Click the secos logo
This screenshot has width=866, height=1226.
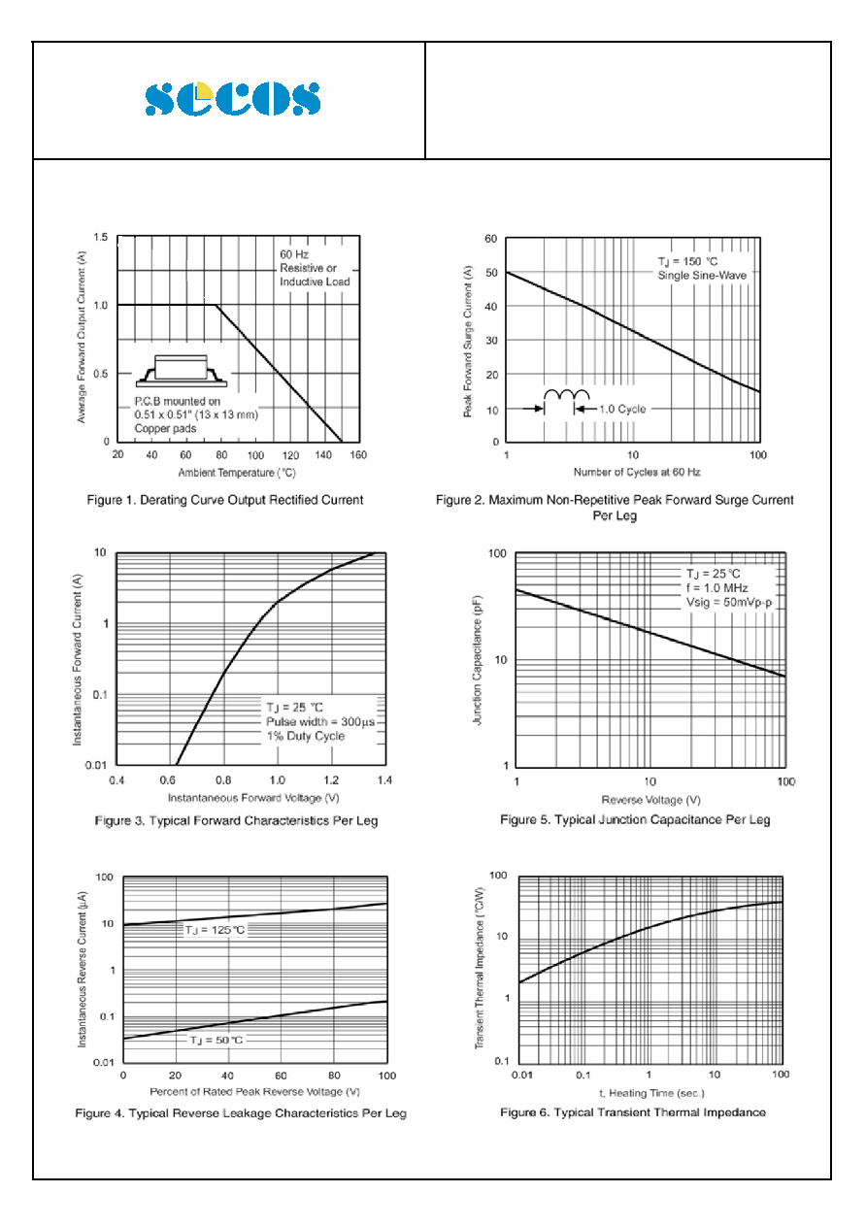[233, 98]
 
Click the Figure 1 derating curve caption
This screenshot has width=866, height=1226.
[225, 500]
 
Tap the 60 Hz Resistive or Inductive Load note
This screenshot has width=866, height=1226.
[315, 268]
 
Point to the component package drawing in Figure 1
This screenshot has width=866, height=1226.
[182, 371]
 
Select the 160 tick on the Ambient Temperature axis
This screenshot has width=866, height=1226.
[358, 455]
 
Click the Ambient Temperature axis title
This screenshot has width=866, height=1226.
[237, 473]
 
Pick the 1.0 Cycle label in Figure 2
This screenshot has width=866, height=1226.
[622, 409]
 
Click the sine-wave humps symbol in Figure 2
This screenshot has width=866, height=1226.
[567, 394]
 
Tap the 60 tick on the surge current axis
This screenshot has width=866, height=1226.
[491, 239]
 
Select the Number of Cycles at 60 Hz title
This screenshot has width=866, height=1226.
[637, 472]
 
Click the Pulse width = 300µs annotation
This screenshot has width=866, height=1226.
[320, 721]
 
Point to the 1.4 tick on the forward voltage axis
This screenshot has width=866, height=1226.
[384, 779]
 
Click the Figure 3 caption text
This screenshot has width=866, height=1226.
[237, 820]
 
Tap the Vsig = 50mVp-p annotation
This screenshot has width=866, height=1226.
[729, 602]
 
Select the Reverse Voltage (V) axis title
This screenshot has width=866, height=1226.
[650, 800]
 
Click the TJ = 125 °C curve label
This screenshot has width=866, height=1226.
[215, 929]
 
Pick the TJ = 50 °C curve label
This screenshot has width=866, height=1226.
[216, 1040]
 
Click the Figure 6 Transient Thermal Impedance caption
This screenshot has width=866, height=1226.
[633, 1111]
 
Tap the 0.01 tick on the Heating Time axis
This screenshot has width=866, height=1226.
[521, 1075]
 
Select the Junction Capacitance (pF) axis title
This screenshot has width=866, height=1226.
[478, 660]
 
